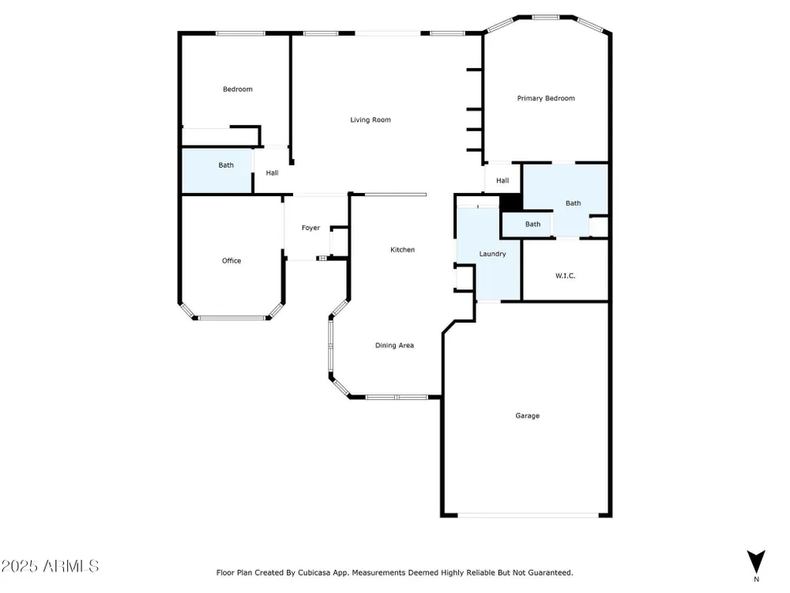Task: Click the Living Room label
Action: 371,119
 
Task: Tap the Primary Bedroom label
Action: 546,98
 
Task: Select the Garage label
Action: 527,416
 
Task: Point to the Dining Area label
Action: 394,346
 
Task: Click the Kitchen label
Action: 403,250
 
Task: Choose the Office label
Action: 231,261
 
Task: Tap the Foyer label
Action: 310,228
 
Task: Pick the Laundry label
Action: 492,254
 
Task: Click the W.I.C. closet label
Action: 566,276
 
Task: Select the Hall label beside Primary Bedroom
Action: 502,180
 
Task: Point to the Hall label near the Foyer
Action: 272,173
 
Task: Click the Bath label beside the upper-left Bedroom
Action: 226,165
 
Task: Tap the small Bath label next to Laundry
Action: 532,224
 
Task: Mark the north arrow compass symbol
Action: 756,561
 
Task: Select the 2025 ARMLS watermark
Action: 50,566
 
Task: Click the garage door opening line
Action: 528,516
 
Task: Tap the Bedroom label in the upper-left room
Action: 238,89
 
